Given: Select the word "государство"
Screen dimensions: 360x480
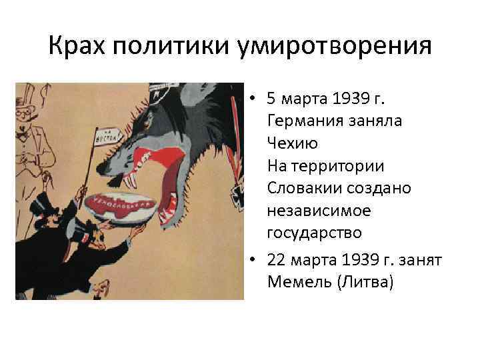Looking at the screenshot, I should pyautogui.click(x=314, y=233).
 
